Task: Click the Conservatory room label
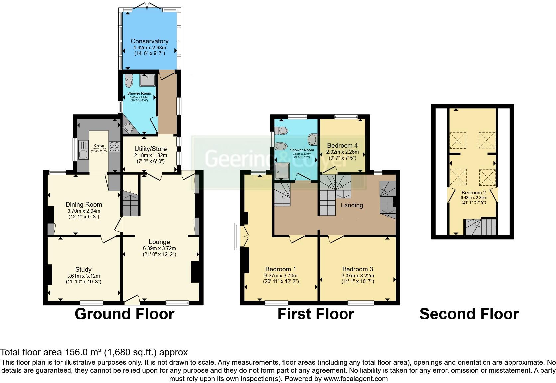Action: point(149,41)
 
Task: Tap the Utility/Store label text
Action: point(150,149)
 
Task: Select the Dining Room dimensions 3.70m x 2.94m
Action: point(83,211)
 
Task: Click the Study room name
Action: point(83,269)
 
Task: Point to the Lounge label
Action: point(159,242)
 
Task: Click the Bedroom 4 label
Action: point(342,145)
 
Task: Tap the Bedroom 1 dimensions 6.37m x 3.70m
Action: point(281,275)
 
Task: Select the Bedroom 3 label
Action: point(357,269)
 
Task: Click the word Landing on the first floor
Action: point(352,205)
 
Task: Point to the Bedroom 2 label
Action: point(474,193)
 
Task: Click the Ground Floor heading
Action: point(124,314)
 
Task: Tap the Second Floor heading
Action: point(469,314)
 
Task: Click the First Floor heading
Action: point(316,314)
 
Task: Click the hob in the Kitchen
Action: point(114,147)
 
